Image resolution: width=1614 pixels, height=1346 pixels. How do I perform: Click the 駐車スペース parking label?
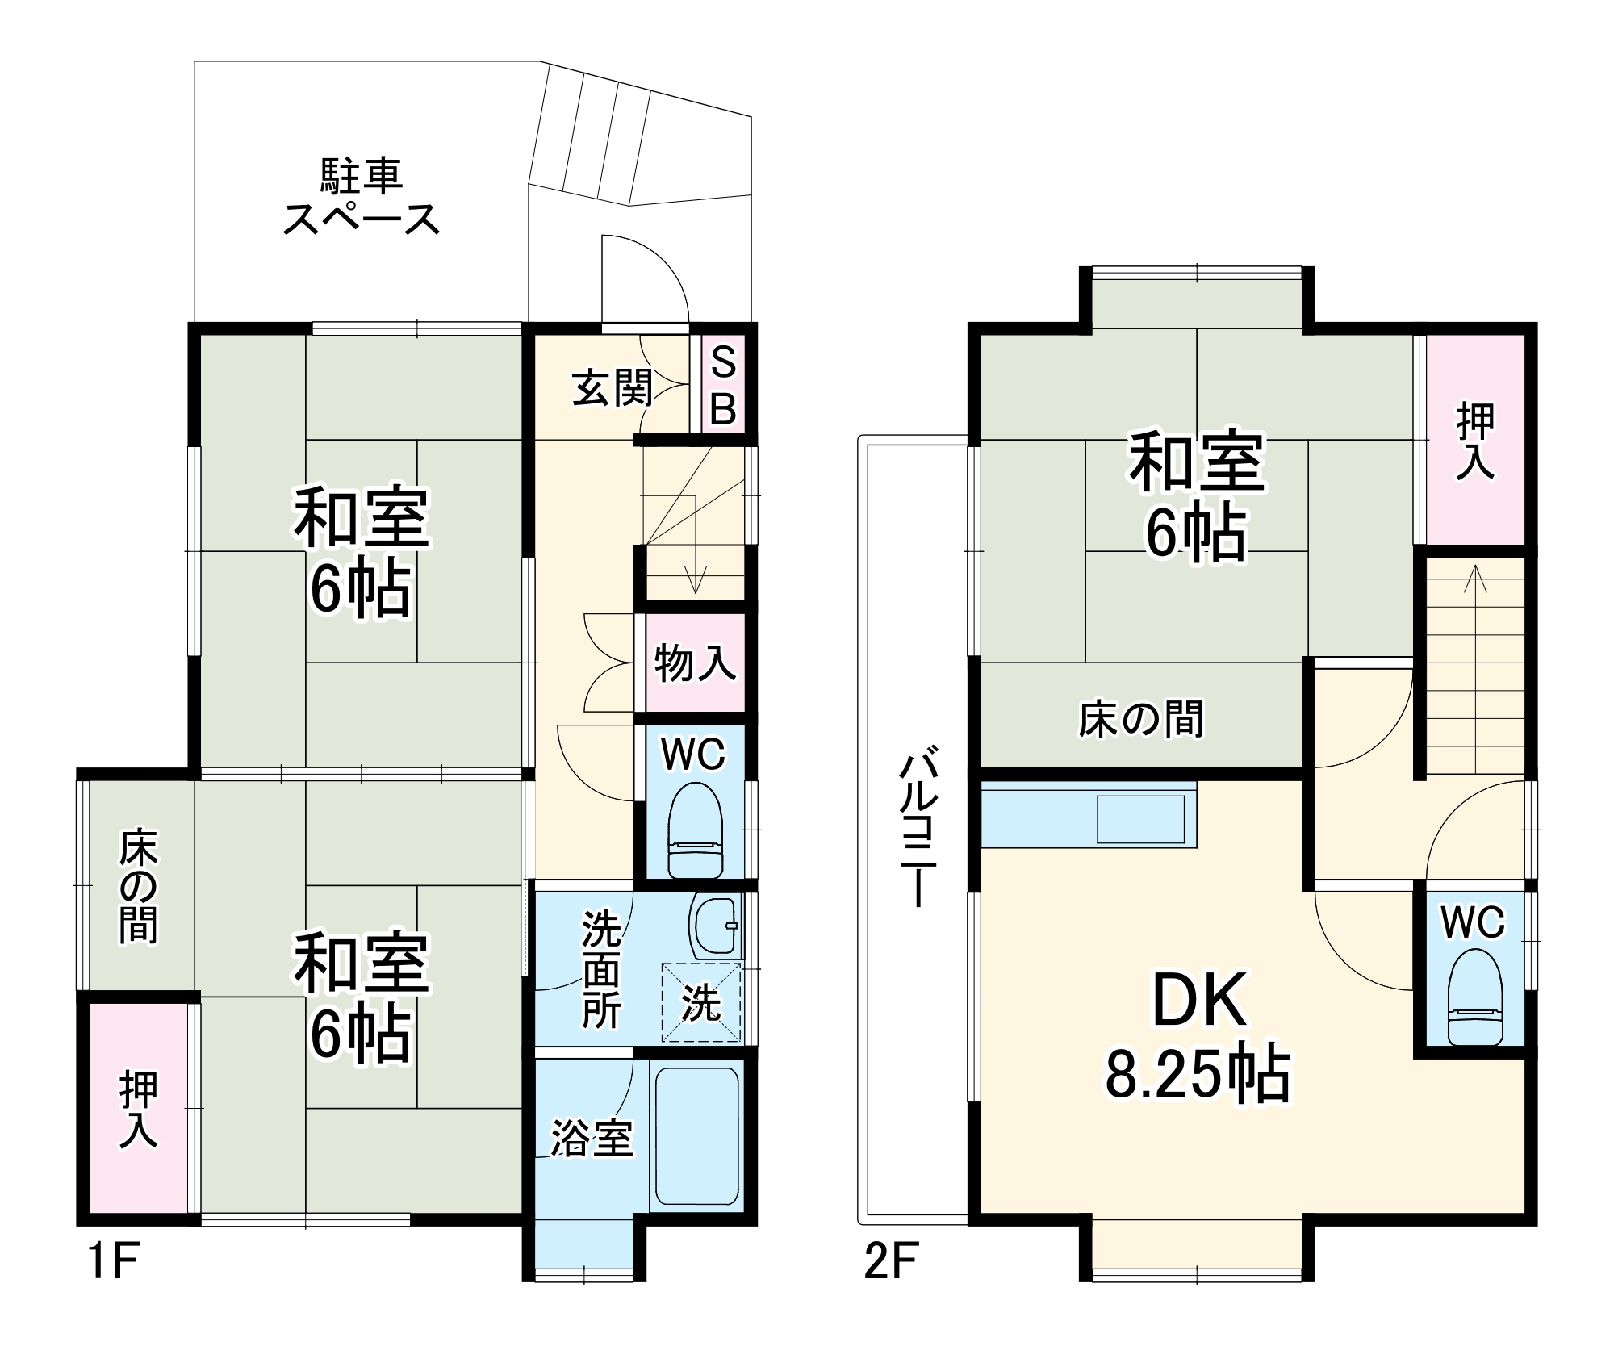361,198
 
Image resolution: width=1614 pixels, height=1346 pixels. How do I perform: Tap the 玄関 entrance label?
612,389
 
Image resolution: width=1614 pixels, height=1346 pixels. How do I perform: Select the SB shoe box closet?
723,386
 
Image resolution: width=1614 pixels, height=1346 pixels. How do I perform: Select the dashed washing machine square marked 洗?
700,1002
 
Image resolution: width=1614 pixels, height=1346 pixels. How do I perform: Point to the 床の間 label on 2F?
1140,718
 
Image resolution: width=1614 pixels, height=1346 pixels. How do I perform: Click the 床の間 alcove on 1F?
138,884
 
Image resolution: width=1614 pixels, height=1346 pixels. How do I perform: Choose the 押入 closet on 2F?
1475,441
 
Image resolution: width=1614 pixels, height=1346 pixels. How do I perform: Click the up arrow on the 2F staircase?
1475,575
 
